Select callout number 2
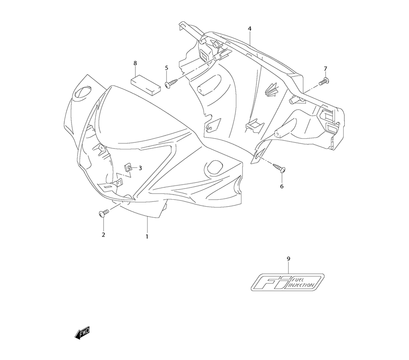click(x=103, y=234)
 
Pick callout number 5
click(x=166, y=68)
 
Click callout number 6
click(x=281, y=187)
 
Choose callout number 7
click(x=326, y=68)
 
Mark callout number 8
click(x=135, y=63)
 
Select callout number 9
click(x=288, y=259)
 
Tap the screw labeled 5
click(x=170, y=84)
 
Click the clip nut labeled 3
click(x=128, y=168)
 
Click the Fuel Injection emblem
click(x=288, y=282)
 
